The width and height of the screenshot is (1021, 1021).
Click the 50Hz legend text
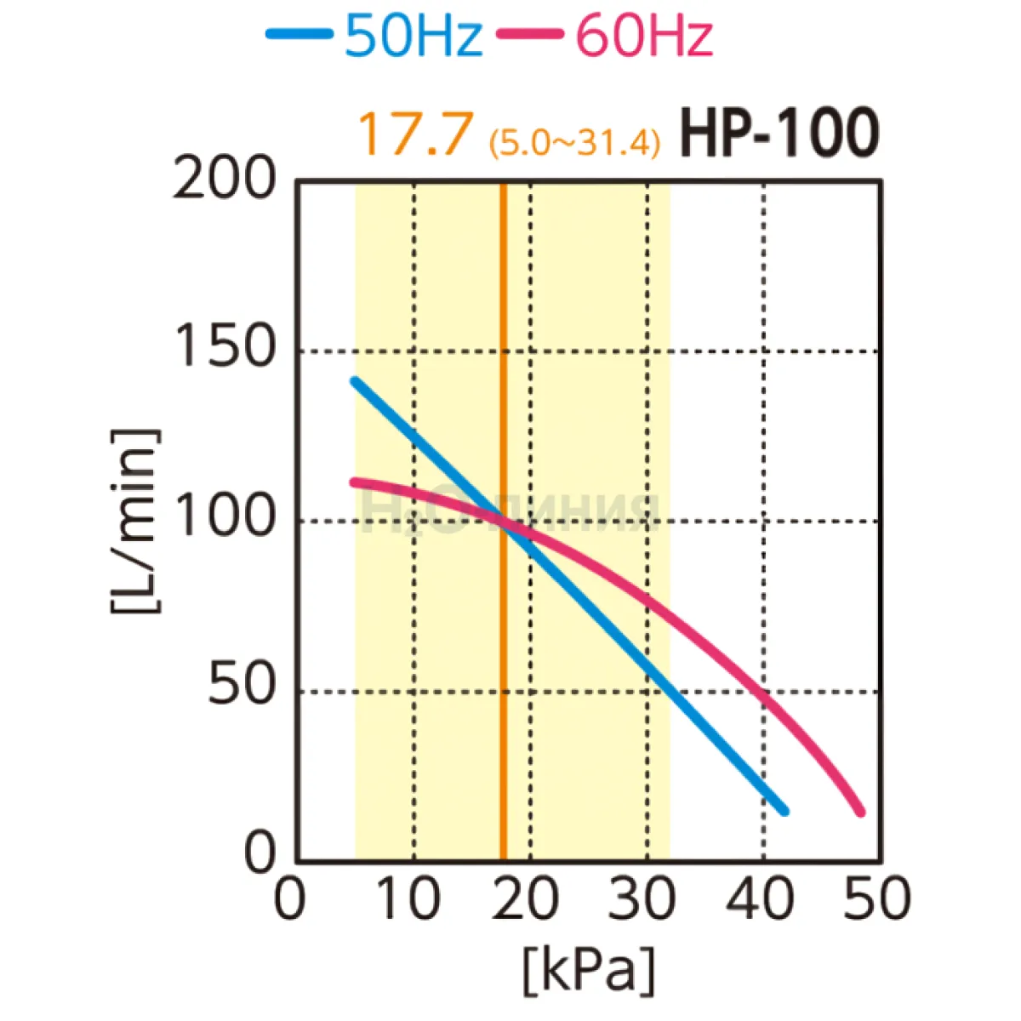pyautogui.click(x=414, y=36)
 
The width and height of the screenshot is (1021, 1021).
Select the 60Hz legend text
pyautogui.click(x=644, y=36)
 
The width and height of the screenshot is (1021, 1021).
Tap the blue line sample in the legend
pyautogui.click(x=299, y=34)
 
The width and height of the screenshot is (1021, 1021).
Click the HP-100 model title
pyautogui.click(x=778, y=134)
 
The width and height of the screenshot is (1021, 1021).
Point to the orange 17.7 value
pyautogui.click(x=414, y=134)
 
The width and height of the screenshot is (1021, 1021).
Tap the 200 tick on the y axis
pyautogui.click(x=225, y=180)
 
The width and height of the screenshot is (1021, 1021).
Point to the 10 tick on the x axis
pyautogui.click(x=408, y=898)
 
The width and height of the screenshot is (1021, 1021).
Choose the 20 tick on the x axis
pyautogui.click(x=526, y=898)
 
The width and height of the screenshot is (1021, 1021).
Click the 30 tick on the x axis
pyautogui.click(x=642, y=898)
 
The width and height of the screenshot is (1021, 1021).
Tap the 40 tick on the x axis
pyautogui.click(x=760, y=898)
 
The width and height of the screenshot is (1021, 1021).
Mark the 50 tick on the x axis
pyautogui.click(x=877, y=898)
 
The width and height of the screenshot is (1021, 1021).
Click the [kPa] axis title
pyautogui.click(x=589, y=969)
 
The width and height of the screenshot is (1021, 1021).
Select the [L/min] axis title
pyautogui.click(x=134, y=521)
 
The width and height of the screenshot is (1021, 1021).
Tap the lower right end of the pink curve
pyautogui.click(x=860, y=812)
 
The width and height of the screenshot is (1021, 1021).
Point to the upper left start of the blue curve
pyautogui.click(x=355, y=380)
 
